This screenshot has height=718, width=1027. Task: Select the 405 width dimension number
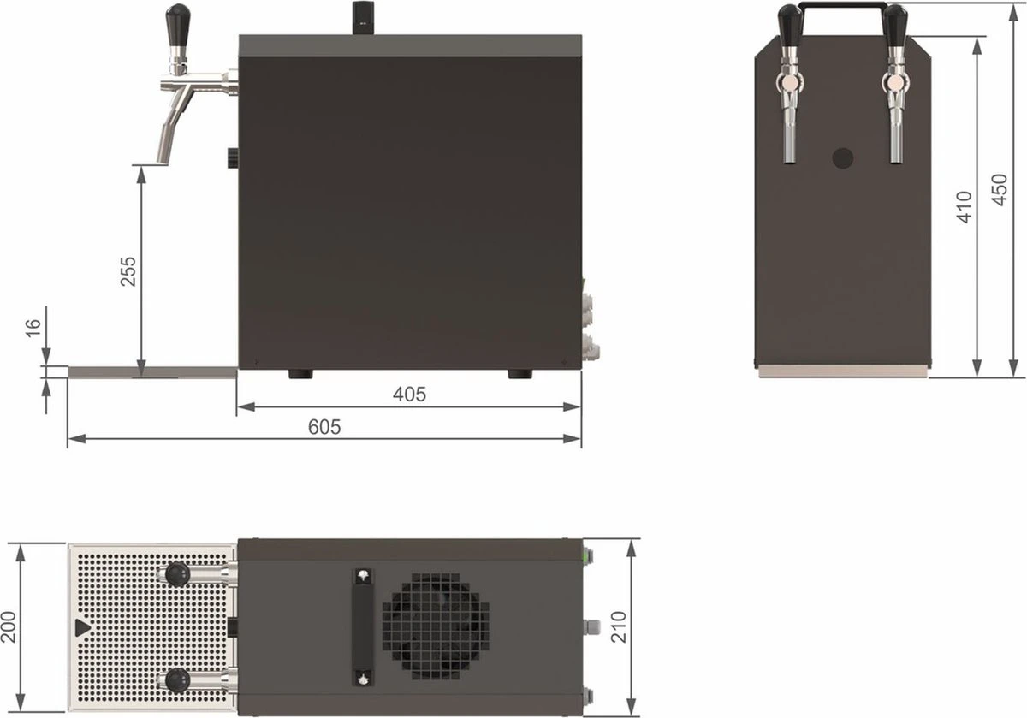tap(409, 395)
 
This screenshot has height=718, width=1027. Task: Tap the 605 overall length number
tap(324, 427)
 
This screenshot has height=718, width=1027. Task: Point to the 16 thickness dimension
tap(32, 328)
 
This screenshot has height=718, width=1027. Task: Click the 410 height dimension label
tap(965, 206)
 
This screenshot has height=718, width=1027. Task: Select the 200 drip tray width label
tap(9, 628)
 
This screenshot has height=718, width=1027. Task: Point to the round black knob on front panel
tap(843, 157)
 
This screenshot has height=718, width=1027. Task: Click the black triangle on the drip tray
tap(81, 628)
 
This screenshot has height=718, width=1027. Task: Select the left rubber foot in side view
tap(299, 374)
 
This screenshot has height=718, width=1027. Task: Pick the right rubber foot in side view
tap(519, 374)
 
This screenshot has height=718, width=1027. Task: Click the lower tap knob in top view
tap(177, 680)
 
